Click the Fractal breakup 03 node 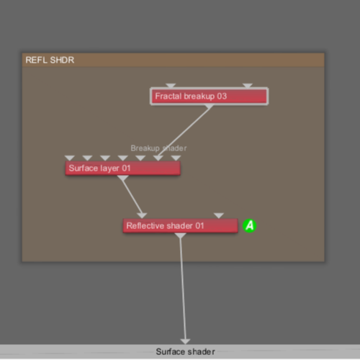pyautogui.click(x=209, y=96)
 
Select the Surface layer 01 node pyautogui.click(x=122, y=168)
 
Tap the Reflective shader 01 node pyautogui.click(x=180, y=225)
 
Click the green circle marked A pyautogui.click(x=250, y=225)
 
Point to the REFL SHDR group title pyautogui.click(x=50, y=60)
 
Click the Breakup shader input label pyautogui.click(x=158, y=148)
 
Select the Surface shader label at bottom pyautogui.click(x=185, y=351)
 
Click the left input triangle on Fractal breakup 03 pyautogui.click(x=171, y=86)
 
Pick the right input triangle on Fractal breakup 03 pyautogui.click(x=248, y=86)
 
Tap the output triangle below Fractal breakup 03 pyautogui.click(x=209, y=107)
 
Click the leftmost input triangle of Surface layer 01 pyautogui.click(x=70, y=158)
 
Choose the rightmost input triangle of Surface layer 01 pyautogui.click(x=176, y=158)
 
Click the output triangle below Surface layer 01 pyautogui.click(x=122, y=178)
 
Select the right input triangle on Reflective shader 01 pyautogui.click(x=219, y=215)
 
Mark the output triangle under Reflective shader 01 pyautogui.click(x=180, y=235)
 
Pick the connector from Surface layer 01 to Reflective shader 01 pyautogui.click(x=132, y=197)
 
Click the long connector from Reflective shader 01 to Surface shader pyautogui.click(x=183, y=289)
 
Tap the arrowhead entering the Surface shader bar pyautogui.click(x=185, y=341)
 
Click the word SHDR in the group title pyautogui.click(x=62, y=60)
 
